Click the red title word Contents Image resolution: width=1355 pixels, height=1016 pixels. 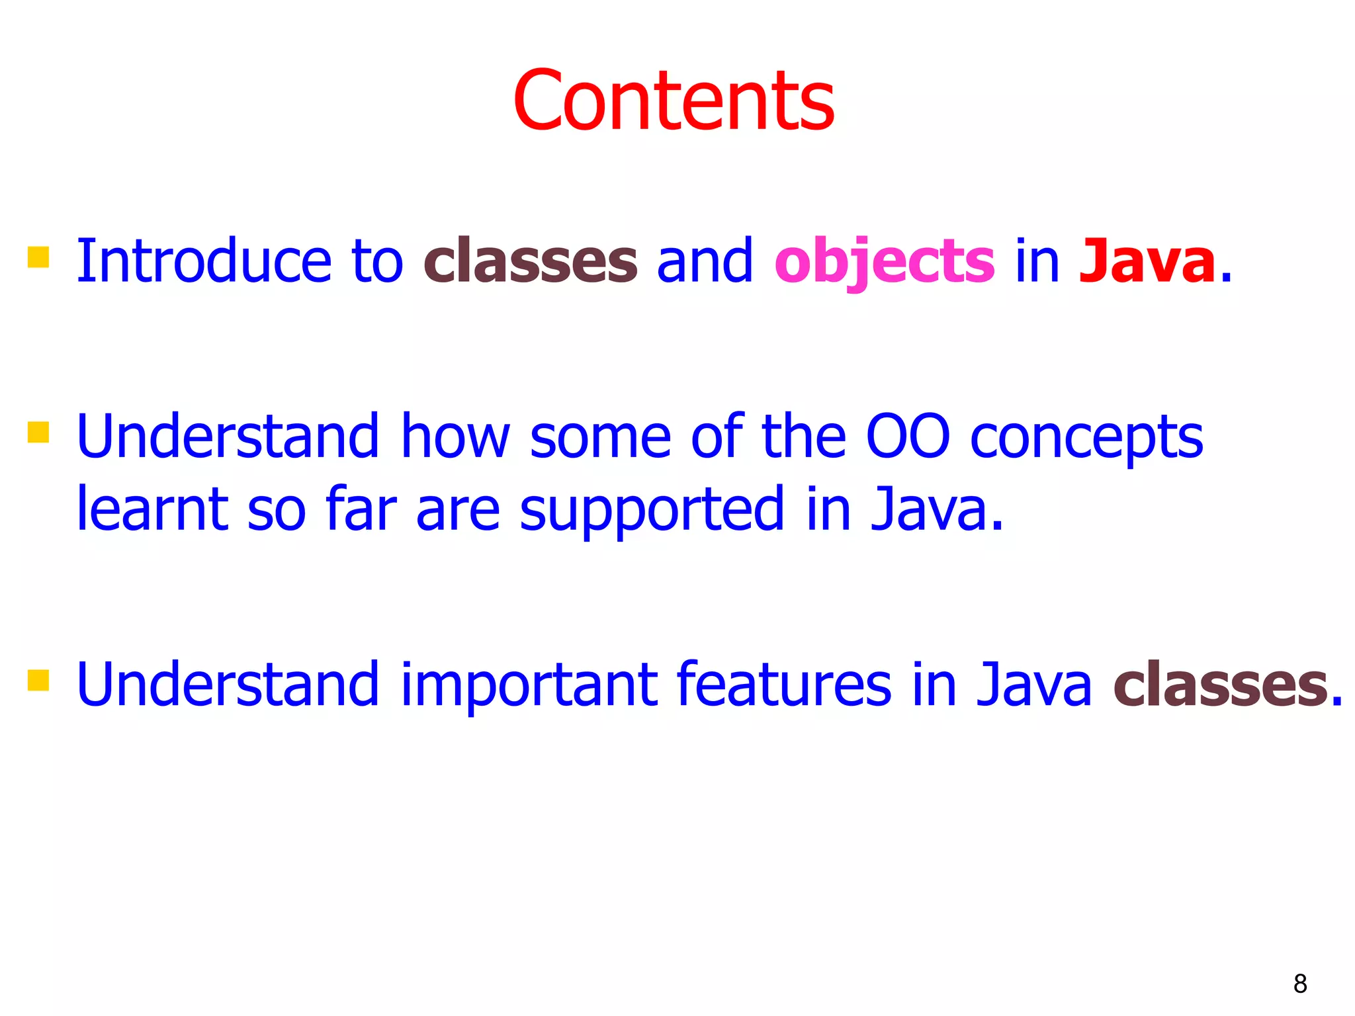point(674,101)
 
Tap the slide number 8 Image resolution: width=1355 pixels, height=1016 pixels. point(1300,984)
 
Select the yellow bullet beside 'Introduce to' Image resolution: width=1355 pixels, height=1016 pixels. point(38,257)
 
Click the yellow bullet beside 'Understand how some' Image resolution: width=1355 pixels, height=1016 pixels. point(38,432)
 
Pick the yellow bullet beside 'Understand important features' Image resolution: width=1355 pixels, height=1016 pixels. point(38,680)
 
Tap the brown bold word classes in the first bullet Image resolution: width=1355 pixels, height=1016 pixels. point(531,261)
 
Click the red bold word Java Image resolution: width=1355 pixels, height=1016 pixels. point(1147,261)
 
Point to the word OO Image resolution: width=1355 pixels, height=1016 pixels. point(908,436)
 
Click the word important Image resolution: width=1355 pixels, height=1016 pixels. point(529,685)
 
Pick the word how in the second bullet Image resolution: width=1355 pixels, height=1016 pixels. point(455,436)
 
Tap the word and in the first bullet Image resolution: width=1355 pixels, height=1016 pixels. point(705,261)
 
